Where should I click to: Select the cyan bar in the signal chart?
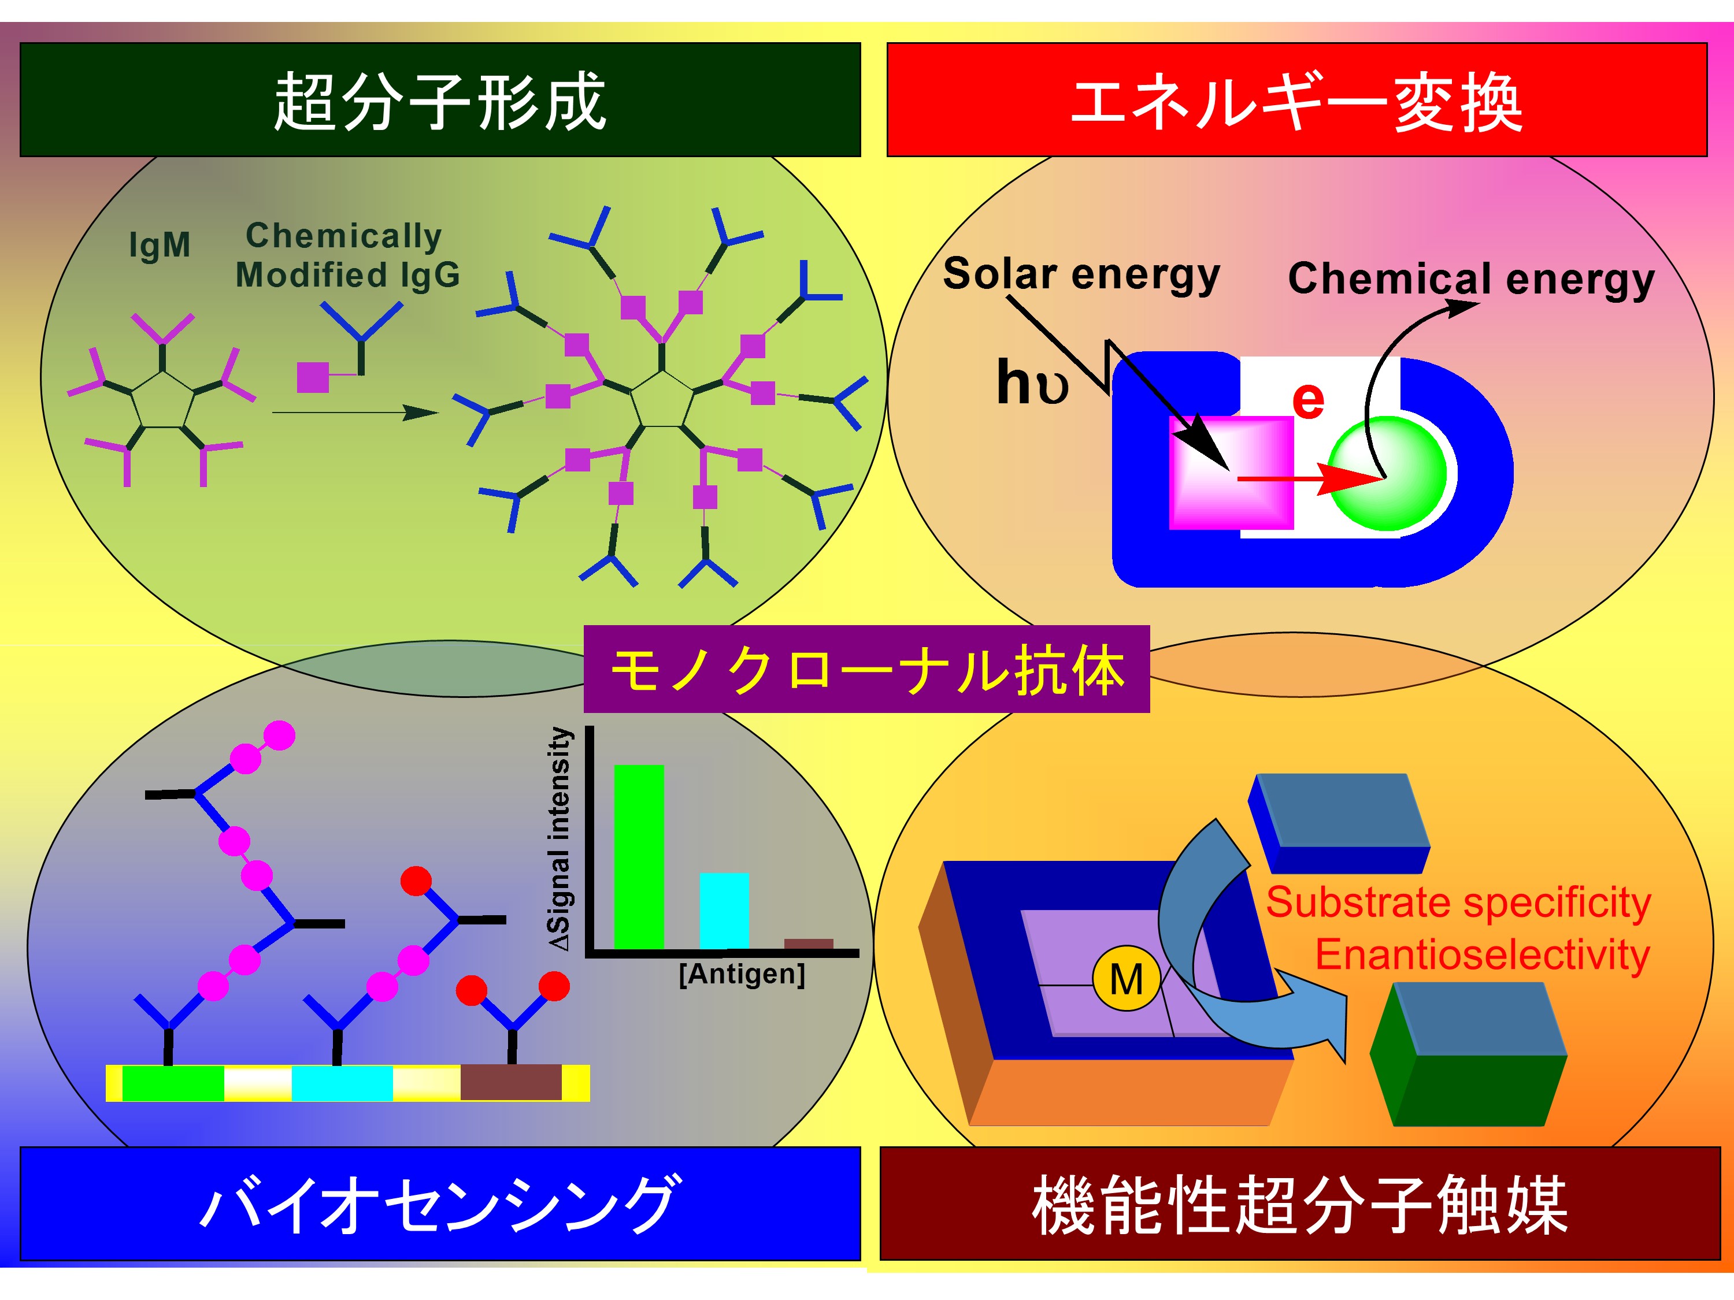click(x=724, y=911)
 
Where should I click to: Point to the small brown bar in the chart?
click(x=808, y=944)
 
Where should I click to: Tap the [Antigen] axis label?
click(x=742, y=974)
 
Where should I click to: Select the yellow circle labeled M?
click(x=1127, y=979)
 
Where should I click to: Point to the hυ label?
click(x=1032, y=382)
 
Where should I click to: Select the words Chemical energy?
click(x=1470, y=279)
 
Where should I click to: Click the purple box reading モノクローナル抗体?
click(x=866, y=670)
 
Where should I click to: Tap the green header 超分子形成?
click(x=440, y=101)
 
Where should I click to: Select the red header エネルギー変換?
click(x=1296, y=101)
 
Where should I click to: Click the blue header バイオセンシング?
click(x=440, y=1204)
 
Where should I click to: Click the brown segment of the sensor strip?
click(x=511, y=1082)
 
